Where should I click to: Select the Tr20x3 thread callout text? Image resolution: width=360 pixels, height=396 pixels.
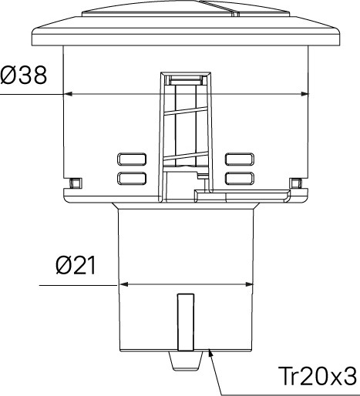coord(317,377)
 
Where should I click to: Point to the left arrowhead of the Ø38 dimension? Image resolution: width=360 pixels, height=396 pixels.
coord(66,94)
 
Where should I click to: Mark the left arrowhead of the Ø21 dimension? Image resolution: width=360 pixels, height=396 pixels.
coord(120,284)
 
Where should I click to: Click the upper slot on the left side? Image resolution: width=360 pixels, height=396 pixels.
coord(132,159)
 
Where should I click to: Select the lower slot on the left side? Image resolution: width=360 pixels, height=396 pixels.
coord(132,179)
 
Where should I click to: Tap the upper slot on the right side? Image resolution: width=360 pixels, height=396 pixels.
coord(239,159)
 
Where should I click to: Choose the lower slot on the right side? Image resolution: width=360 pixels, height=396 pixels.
coord(239,179)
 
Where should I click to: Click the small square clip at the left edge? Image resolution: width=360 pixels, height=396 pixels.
coord(75,183)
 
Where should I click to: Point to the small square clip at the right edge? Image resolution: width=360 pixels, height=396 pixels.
coord(295,183)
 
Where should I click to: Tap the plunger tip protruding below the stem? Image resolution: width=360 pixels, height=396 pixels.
coord(184,361)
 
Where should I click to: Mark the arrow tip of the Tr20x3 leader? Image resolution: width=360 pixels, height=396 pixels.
coord(210,351)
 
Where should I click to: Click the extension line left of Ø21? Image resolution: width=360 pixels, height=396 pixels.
coord(77,284)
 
